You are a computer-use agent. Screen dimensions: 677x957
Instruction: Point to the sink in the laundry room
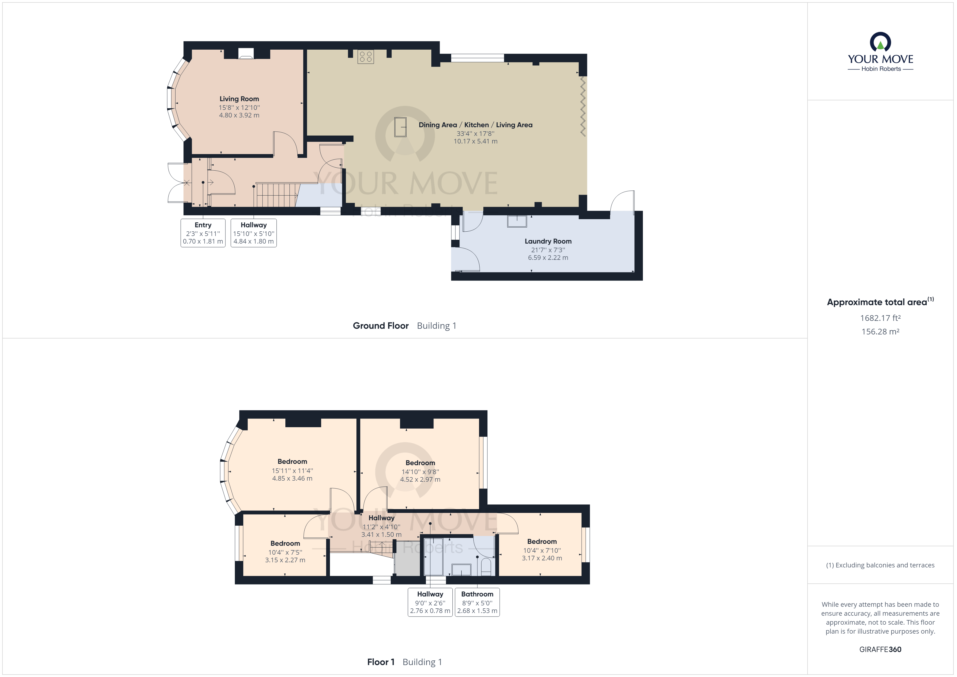pos(517,221)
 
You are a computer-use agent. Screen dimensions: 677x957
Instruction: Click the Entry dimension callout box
pos(203,233)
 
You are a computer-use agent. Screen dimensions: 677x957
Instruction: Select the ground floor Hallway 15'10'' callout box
pos(253,233)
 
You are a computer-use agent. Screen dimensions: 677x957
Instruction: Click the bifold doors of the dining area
pos(583,107)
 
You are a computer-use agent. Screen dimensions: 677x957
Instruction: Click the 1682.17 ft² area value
pos(880,318)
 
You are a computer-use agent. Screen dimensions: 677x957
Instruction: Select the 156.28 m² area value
pos(880,332)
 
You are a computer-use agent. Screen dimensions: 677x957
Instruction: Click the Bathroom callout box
pos(477,602)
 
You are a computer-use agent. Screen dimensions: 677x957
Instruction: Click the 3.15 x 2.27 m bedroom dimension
pos(285,560)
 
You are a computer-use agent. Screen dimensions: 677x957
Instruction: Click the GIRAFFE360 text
pos(880,649)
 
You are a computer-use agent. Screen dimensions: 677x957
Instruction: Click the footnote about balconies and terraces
pos(880,565)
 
